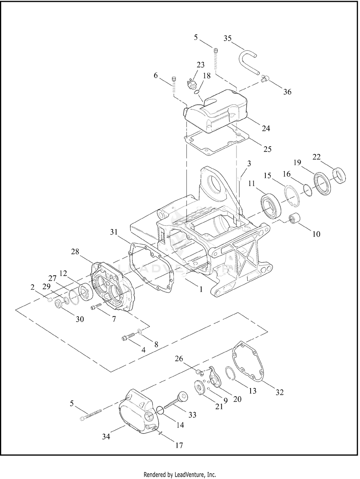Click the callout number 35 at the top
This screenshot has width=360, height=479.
click(227, 38)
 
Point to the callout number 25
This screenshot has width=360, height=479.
click(267, 149)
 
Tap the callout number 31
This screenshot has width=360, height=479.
click(114, 232)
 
